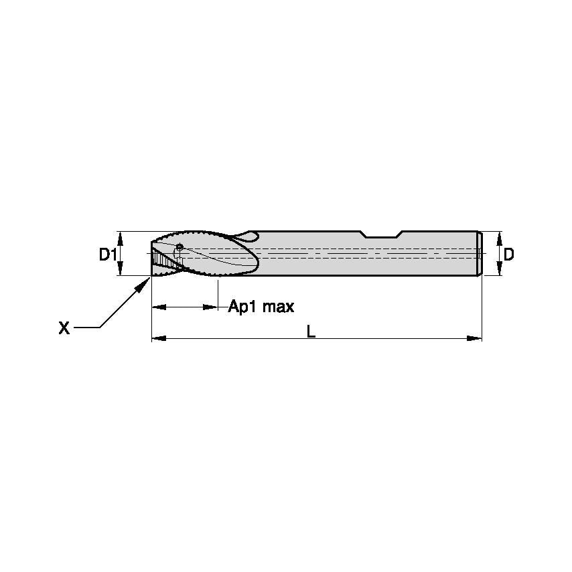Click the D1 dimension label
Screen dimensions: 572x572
click(x=108, y=255)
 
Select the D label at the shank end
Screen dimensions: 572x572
click(x=509, y=254)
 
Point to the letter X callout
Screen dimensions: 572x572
click(x=64, y=328)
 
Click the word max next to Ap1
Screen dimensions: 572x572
click(x=278, y=307)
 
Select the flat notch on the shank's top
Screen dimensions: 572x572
click(x=381, y=235)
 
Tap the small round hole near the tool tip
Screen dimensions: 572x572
click(x=179, y=247)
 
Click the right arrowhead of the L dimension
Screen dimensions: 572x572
click(x=475, y=339)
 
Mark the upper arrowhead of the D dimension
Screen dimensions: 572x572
click(x=498, y=237)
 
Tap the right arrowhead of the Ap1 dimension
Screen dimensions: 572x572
click(x=212, y=307)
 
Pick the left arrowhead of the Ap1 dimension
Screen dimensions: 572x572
click(x=159, y=307)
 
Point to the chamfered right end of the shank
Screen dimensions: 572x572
click(x=480, y=253)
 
